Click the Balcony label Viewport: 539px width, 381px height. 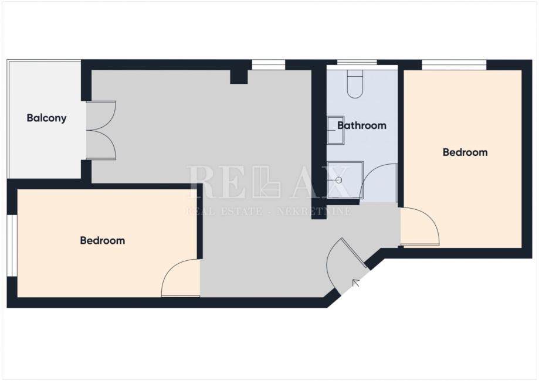coord(46,118)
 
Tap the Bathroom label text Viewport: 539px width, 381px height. coord(362,125)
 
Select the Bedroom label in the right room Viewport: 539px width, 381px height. coord(465,152)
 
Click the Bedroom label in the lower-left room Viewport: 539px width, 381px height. coord(103,240)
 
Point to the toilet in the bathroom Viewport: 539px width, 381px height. coord(355,84)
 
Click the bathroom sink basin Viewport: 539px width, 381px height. coord(335,130)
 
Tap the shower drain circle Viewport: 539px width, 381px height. coord(338,180)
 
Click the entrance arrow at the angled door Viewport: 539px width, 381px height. coord(356,283)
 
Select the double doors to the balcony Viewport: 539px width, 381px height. coord(101,131)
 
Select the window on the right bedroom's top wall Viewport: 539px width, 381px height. coord(454,65)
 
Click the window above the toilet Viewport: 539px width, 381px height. coord(357,62)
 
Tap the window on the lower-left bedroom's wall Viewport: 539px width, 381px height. coord(12,246)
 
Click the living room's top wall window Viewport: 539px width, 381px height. coord(269,65)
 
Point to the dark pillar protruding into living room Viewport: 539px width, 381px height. coord(239,77)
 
